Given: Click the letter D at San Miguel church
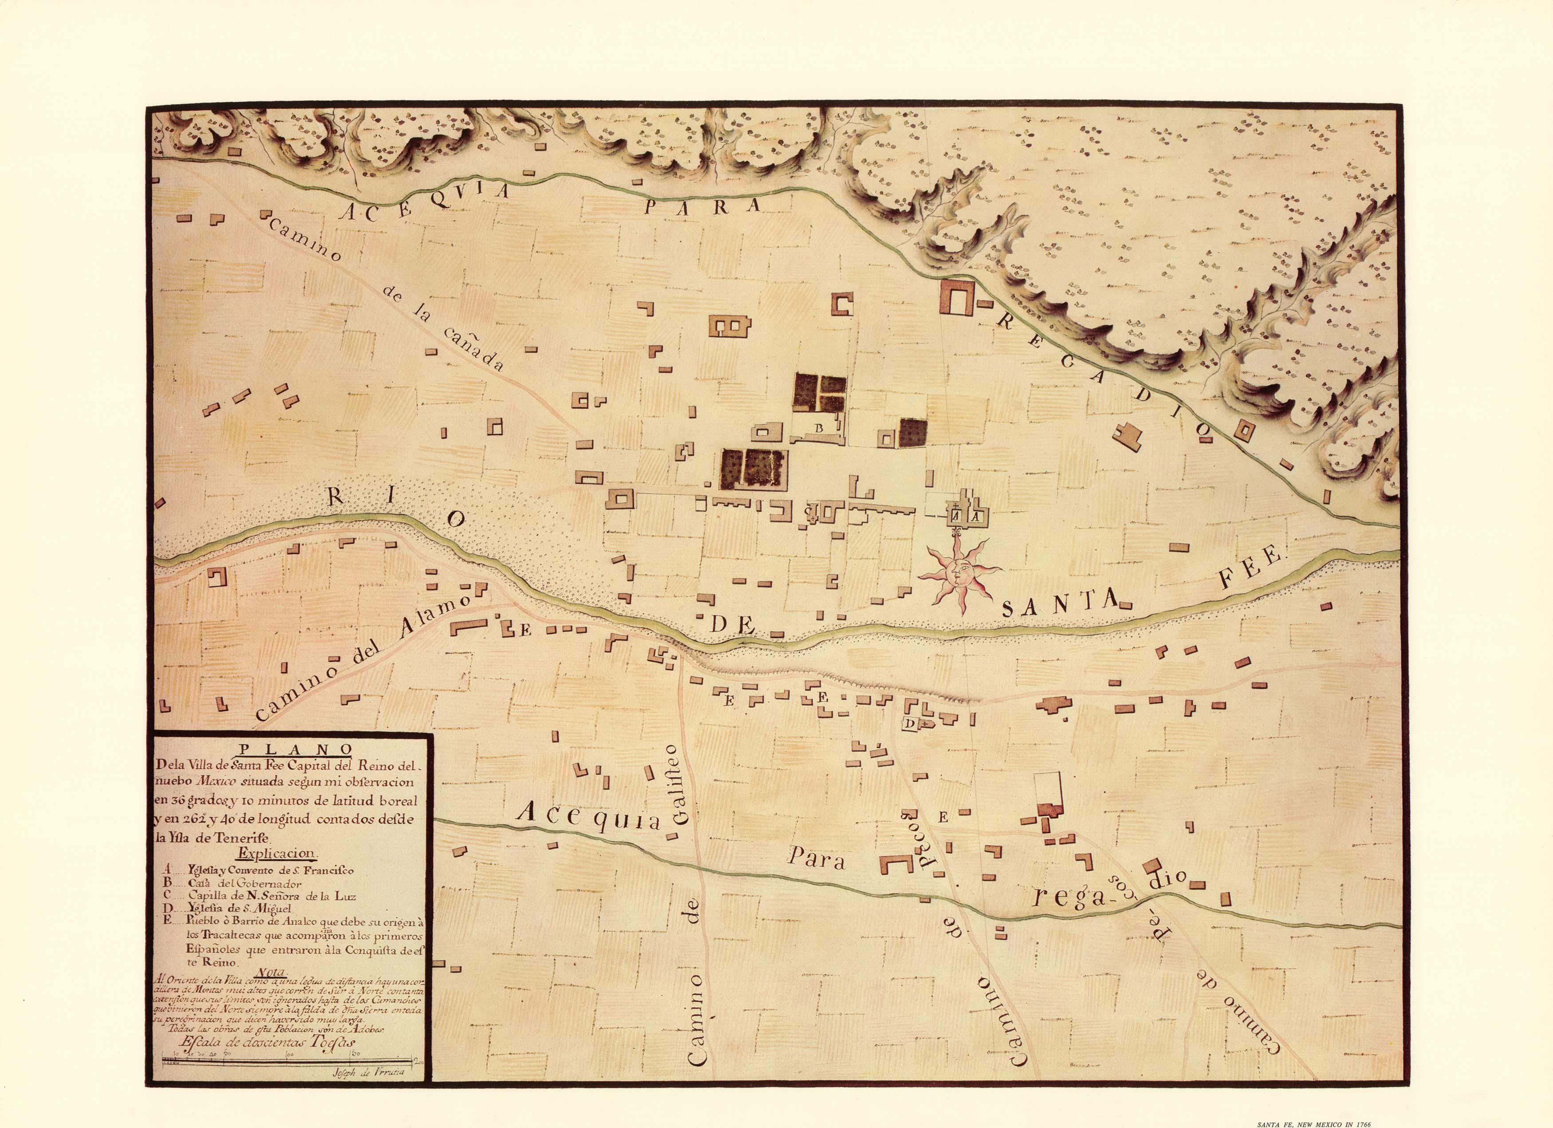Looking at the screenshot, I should (911, 724).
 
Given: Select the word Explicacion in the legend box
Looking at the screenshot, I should (276, 853).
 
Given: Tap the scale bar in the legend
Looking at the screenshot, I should (288, 1061).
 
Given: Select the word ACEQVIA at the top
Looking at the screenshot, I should (425, 202).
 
